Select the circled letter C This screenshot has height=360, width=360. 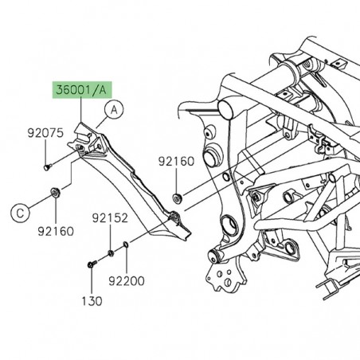(20, 212)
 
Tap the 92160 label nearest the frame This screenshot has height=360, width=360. (174, 162)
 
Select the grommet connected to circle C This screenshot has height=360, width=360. (55, 191)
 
